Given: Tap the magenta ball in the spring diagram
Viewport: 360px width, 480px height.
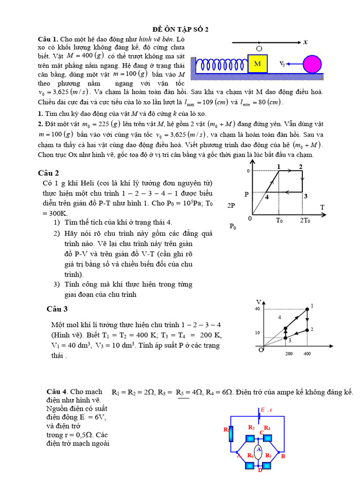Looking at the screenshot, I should pyautogui.click(x=311, y=64).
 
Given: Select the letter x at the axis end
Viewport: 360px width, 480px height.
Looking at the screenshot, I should pyautogui.click(x=305, y=42).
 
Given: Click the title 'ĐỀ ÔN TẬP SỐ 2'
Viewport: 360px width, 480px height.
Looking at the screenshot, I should pyautogui.click(x=180, y=29).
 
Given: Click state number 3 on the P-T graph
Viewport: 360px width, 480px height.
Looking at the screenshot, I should pyautogui.click(x=305, y=196).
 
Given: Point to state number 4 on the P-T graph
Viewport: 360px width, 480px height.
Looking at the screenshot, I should pyautogui.click(x=267, y=197).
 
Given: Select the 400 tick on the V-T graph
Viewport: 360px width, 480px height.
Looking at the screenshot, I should pyautogui.click(x=307, y=354).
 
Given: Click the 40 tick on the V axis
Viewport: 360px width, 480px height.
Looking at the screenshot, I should pyautogui.click(x=257, y=308).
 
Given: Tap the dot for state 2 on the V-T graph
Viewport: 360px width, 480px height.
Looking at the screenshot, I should pyautogui.click(x=307, y=330).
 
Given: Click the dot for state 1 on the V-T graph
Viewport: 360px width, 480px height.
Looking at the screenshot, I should pyautogui.click(x=307, y=309).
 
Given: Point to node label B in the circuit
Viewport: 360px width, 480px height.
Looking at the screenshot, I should pyautogui.click(x=283, y=456).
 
